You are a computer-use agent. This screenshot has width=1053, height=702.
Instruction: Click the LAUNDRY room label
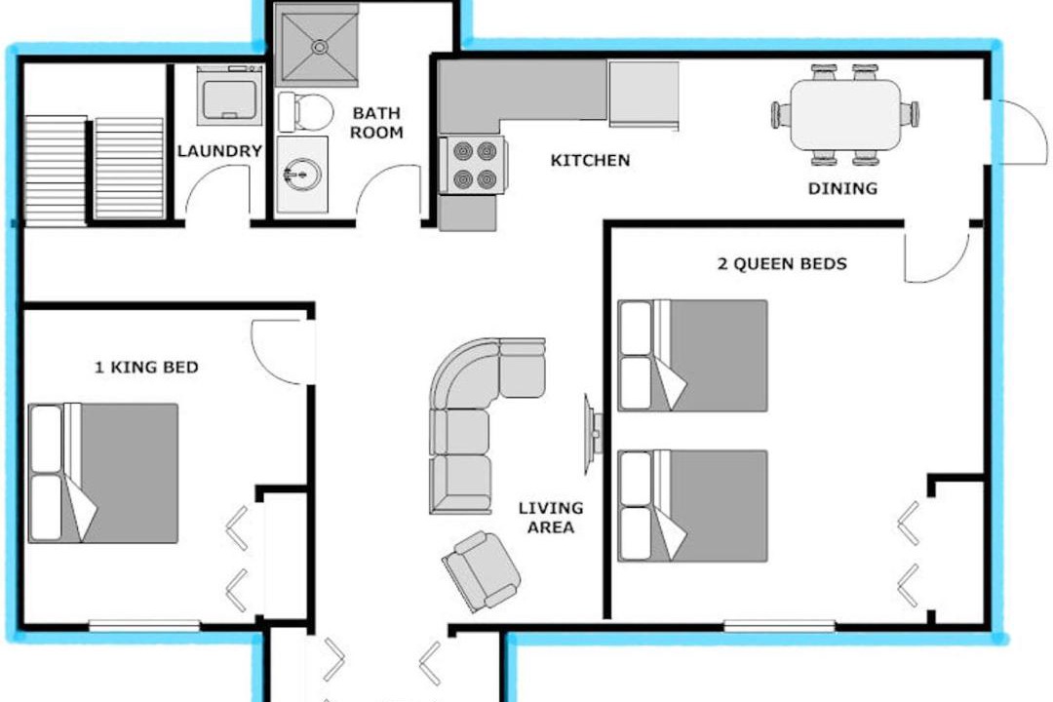point(219,150)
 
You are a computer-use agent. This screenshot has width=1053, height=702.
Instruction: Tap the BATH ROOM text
point(376,122)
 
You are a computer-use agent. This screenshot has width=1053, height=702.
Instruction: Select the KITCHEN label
point(590,160)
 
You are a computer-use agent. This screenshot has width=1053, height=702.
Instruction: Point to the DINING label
point(842,188)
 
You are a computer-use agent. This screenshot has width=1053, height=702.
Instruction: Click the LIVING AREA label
point(551,518)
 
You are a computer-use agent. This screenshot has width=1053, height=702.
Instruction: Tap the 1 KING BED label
point(146,367)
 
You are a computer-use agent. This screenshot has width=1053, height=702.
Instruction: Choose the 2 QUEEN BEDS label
point(782,263)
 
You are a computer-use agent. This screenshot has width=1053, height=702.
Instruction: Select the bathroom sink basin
point(301,175)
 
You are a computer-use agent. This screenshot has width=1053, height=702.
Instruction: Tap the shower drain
point(320,47)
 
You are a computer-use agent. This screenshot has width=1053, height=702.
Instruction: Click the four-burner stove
point(473,165)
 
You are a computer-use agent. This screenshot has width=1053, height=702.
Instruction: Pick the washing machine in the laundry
point(230,96)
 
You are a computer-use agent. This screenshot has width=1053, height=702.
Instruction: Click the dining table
point(845,115)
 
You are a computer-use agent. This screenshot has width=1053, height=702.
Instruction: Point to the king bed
point(103,473)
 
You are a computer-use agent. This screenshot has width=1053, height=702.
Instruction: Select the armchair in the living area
point(481,570)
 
